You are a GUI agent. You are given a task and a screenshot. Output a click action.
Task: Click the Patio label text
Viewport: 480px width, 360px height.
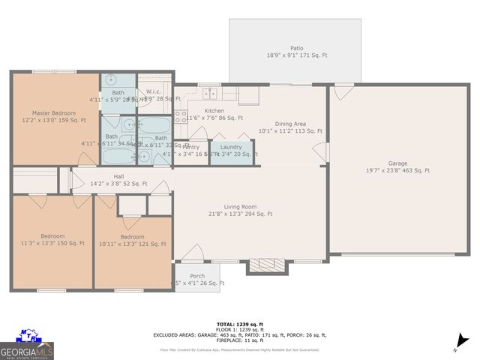(297, 48)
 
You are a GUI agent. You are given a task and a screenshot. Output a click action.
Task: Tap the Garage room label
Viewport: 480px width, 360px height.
(397, 162)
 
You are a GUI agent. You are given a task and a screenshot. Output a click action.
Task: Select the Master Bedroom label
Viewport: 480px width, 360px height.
(53, 112)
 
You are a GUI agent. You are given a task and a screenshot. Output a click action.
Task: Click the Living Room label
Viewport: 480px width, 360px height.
(240, 206)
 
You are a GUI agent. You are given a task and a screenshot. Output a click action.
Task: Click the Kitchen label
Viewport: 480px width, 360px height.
(193, 110)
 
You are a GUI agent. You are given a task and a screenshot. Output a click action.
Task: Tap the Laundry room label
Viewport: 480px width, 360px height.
(231, 147)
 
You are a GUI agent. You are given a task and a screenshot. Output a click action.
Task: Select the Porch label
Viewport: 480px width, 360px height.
(196, 275)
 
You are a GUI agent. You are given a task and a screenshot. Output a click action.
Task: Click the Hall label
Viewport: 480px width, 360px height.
(118, 175)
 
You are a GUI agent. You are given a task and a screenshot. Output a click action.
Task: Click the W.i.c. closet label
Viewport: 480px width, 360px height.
(155, 91)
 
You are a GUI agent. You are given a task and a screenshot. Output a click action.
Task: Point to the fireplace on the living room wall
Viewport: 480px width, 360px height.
(262, 266)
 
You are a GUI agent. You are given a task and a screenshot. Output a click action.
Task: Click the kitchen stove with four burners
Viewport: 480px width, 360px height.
(181, 116)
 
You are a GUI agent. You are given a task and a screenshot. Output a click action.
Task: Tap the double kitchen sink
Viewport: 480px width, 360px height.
(209, 94)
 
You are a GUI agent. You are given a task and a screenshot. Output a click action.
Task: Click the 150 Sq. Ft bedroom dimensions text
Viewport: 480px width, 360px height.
(52, 244)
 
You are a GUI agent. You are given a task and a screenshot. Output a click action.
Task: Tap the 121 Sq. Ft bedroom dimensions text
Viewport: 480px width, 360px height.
(133, 244)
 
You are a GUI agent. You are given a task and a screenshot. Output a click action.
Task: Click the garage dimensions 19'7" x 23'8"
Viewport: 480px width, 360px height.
(397, 170)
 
